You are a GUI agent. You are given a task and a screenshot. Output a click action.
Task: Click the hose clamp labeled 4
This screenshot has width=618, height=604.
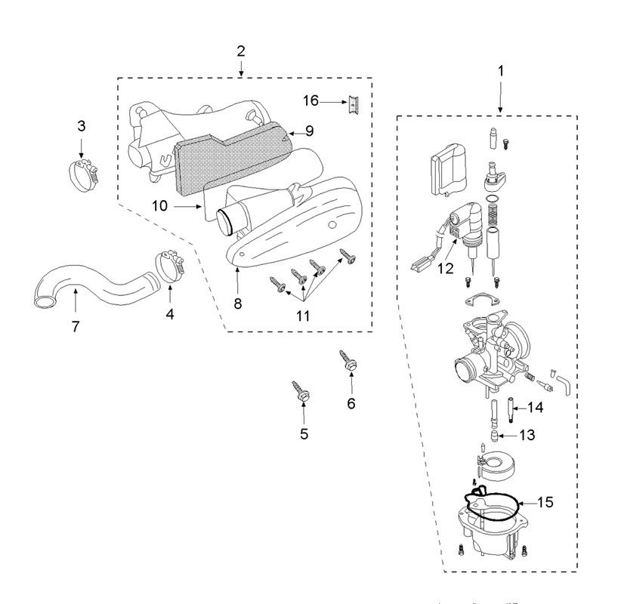170,267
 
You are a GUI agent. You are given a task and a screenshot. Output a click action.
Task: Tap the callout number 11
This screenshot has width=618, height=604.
302,316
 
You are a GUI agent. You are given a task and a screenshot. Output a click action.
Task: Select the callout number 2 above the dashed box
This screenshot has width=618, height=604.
240,51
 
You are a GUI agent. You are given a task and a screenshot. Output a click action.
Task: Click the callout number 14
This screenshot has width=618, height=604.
535,407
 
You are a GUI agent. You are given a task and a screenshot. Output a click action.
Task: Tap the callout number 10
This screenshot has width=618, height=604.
159,205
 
